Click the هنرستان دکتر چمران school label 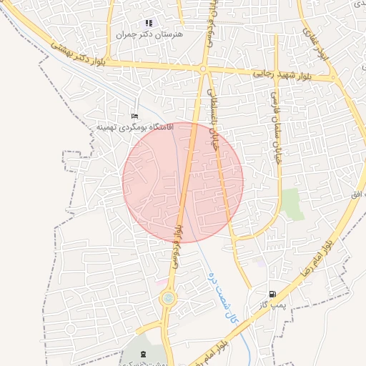pos(149,34)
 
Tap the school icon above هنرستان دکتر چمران pos(149,23)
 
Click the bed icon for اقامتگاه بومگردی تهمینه pos(134,116)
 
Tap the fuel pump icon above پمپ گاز pos(272,294)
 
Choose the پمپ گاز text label pos(272,305)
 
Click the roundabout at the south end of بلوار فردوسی pos(169,298)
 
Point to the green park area pos(292,204)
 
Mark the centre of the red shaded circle pos(183,182)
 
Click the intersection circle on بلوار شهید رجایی pos(204,69)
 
